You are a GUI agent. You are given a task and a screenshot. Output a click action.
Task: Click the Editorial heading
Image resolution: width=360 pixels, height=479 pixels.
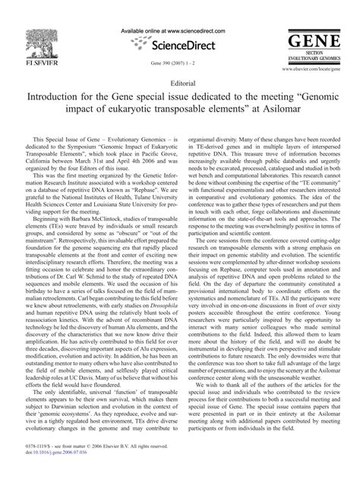(x=179, y=85)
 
